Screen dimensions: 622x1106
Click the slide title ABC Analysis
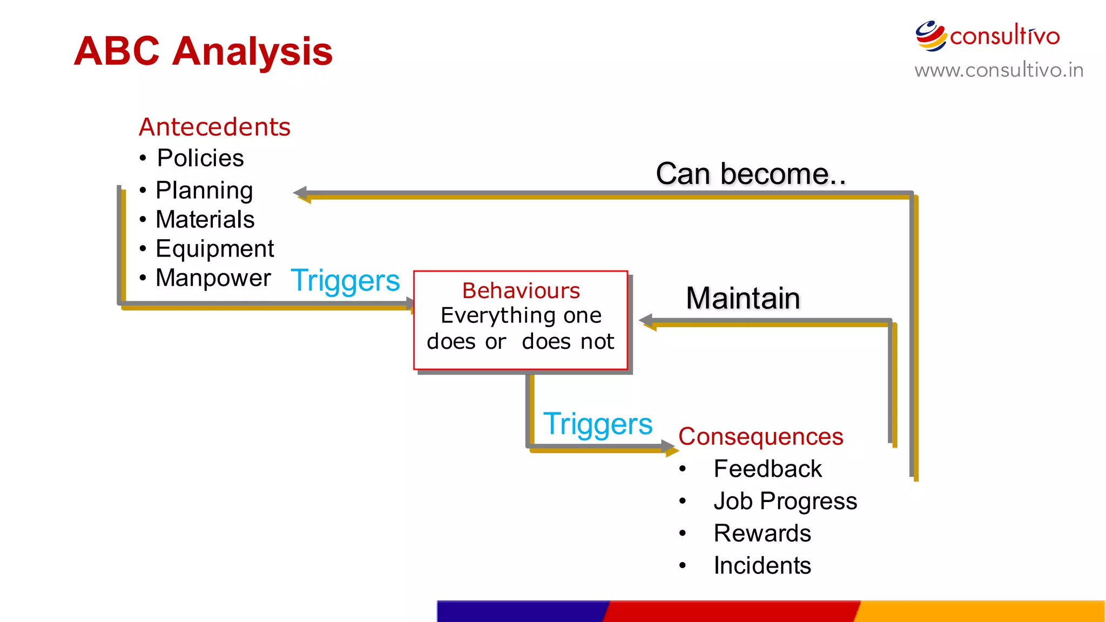click(x=203, y=52)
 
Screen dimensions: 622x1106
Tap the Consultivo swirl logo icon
click(x=930, y=36)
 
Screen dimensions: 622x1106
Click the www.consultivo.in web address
click(x=999, y=70)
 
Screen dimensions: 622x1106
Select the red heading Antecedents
click(x=214, y=127)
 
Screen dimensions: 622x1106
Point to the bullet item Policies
click(x=200, y=158)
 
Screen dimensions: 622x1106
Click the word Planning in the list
click(x=204, y=190)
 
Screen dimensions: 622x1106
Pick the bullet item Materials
click(x=205, y=220)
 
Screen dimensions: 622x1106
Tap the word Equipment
click(x=214, y=249)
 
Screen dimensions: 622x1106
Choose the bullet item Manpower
click(x=213, y=278)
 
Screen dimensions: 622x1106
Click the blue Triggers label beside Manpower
click(x=345, y=280)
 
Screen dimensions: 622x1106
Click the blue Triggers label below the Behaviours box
click(x=597, y=424)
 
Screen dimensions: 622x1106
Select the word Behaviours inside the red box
click(x=521, y=291)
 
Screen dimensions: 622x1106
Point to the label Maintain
click(x=743, y=298)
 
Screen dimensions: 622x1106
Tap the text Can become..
click(x=751, y=174)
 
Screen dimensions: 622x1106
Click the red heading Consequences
click(x=760, y=436)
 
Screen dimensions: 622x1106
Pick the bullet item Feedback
click(x=767, y=469)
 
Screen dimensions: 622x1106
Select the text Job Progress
click(x=785, y=501)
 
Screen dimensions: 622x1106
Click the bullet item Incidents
click(x=762, y=566)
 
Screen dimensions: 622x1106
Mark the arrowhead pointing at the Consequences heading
click(x=669, y=447)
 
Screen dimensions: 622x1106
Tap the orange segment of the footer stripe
click(x=980, y=611)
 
